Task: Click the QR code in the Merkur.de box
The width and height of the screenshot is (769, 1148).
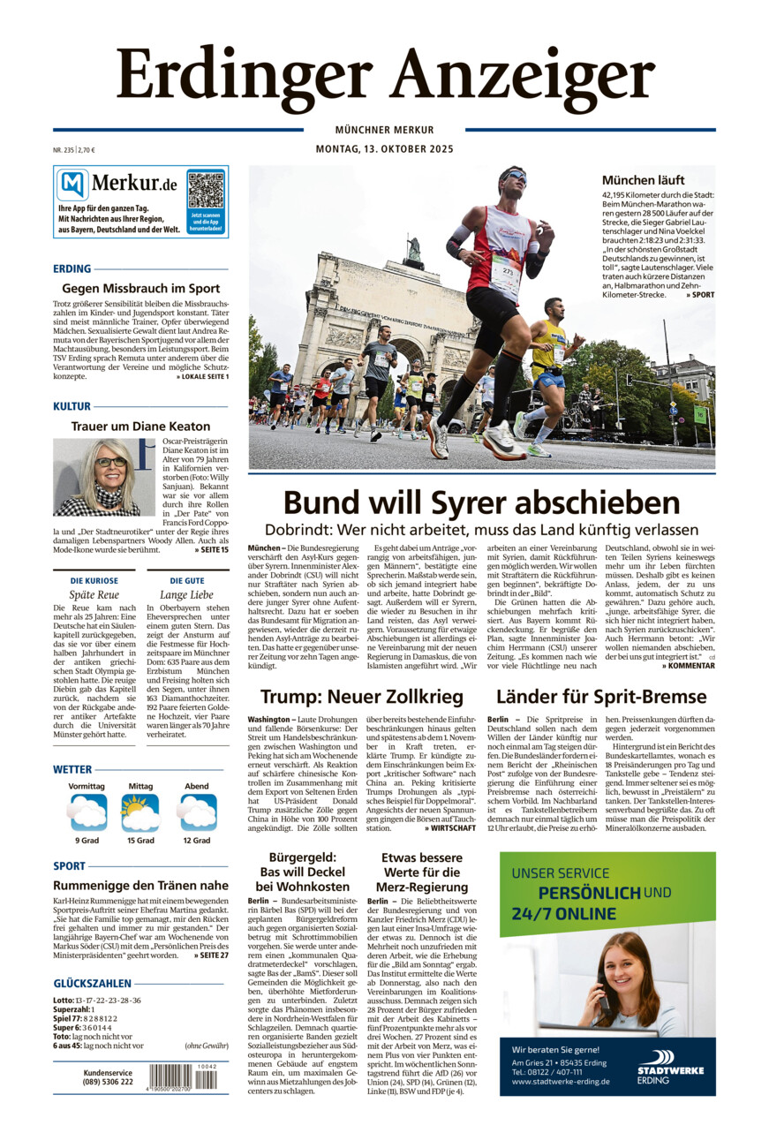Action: coord(206,190)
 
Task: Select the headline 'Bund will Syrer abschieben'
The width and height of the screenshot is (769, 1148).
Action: coord(481,503)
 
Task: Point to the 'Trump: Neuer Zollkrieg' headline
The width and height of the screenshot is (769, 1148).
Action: coord(362,698)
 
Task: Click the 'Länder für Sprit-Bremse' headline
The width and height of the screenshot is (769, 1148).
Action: coord(601,698)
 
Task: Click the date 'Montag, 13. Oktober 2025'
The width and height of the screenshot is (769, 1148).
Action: coord(384,149)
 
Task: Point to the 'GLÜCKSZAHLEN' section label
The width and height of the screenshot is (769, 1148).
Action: coord(93,983)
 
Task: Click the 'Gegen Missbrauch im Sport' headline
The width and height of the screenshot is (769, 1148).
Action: coord(141,288)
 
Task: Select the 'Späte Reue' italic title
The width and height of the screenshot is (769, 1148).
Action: coord(94,595)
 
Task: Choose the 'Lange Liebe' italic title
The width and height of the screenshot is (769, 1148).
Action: coord(186,595)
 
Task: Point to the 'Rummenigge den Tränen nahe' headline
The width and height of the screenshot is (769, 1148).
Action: coord(141,885)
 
